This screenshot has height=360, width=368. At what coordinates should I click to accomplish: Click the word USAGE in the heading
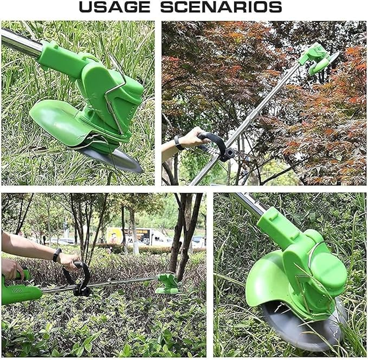tap(114, 8)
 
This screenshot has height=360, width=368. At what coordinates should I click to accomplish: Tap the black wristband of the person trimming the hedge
tap(57, 255)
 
